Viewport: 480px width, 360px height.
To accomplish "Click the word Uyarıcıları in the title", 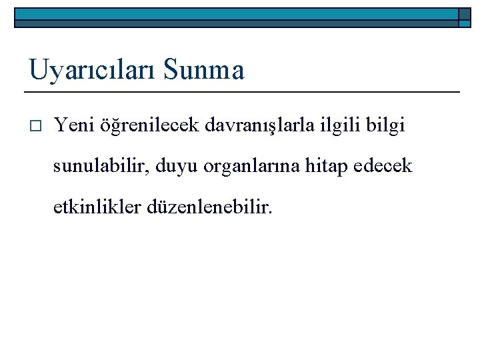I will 91,69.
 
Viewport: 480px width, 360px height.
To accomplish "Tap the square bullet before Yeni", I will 35,125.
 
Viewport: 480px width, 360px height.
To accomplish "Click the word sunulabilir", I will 101,166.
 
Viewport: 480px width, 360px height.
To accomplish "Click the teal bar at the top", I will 233,14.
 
